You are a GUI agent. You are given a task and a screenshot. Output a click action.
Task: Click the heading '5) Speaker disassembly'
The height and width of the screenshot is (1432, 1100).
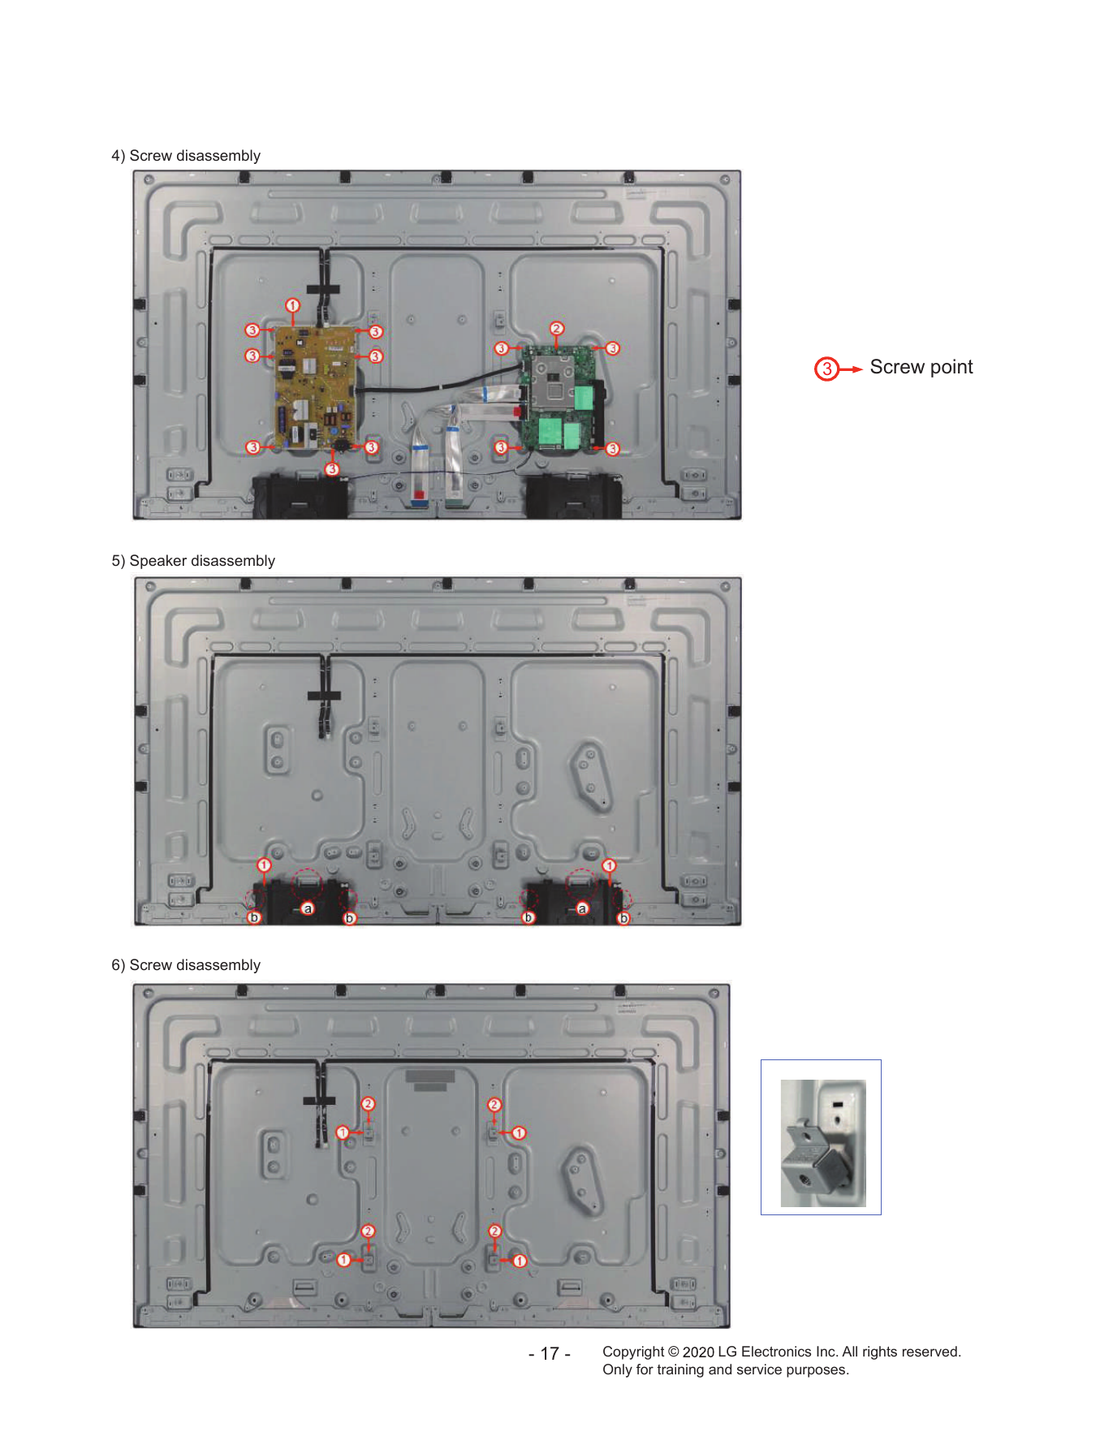point(193,561)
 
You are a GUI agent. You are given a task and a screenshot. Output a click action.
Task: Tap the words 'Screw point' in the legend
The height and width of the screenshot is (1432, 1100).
point(921,367)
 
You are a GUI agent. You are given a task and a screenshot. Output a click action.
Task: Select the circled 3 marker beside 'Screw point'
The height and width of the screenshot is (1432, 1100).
point(826,369)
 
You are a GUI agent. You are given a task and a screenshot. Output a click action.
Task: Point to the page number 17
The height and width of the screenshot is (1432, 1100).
point(550,1353)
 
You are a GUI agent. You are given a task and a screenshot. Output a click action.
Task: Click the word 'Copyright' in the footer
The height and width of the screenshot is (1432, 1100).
point(633,1352)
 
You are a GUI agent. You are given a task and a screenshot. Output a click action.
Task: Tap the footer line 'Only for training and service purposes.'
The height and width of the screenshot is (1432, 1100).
point(726,1369)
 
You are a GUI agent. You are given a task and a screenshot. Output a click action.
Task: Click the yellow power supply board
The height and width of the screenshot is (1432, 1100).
point(315,388)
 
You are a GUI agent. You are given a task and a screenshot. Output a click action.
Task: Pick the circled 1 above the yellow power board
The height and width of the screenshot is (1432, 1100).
point(293,305)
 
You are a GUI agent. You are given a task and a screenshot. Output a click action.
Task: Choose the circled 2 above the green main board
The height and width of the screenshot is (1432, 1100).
point(556,329)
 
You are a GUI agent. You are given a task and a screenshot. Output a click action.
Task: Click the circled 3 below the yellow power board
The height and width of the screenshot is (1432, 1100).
point(332,469)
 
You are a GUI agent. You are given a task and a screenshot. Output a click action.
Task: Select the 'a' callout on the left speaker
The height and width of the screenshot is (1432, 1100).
point(308,908)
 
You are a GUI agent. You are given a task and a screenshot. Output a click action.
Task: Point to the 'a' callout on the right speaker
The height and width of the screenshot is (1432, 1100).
point(582,908)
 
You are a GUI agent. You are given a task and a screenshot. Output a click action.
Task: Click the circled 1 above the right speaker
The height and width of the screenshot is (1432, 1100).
point(610,865)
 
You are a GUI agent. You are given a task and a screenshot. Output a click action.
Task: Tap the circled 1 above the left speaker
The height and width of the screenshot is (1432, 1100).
point(264,865)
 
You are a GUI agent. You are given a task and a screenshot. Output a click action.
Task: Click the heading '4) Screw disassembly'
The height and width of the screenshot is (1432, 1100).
point(186,156)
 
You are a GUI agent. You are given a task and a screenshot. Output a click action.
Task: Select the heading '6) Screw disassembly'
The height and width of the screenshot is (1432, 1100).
point(186,965)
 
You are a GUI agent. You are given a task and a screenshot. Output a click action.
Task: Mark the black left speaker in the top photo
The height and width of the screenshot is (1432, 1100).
point(300,496)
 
